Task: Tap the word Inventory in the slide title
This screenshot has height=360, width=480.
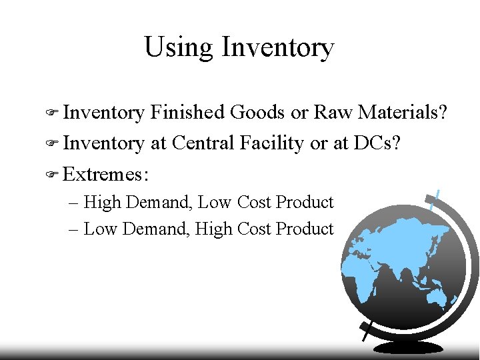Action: pos(277,47)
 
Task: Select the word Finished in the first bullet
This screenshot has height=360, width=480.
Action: pos(187,113)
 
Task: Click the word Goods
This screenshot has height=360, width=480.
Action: pos(257,113)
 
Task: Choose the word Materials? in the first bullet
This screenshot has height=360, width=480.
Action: pos(403,113)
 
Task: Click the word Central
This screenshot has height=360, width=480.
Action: pos(203,143)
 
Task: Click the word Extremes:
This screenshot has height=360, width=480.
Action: pos(106,175)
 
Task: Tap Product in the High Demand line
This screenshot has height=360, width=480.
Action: pos(304,202)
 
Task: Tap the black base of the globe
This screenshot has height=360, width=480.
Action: pos(408,347)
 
